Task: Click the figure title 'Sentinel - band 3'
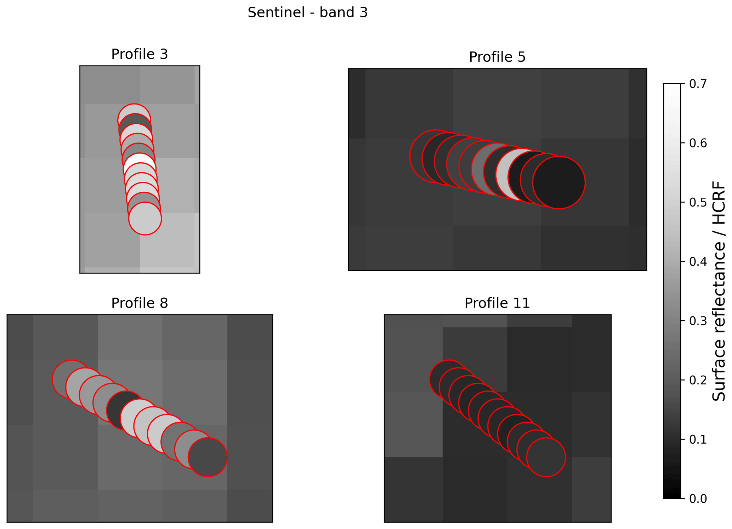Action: (x=307, y=13)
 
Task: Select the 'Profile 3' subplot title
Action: (x=140, y=54)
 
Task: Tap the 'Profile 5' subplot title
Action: (x=497, y=57)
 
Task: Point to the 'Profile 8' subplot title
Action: (x=140, y=303)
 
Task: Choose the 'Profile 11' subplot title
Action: (x=497, y=303)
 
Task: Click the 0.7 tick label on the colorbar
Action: (x=698, y=84)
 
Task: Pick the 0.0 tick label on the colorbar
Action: (x=698, y=499)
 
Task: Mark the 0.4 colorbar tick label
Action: (x=698, y=262)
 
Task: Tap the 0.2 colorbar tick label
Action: (x=698, y=380)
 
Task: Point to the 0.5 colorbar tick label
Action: (x=698, y=203)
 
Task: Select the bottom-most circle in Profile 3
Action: (x=145, y=218)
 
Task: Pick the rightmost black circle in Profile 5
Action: (x=559, y=182)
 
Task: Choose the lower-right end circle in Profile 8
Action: (x=208, y=457)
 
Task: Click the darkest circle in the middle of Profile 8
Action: (x=126, y=411)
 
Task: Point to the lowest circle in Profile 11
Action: (x=546, y=457)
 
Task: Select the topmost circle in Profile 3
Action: (x=134, y=120)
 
